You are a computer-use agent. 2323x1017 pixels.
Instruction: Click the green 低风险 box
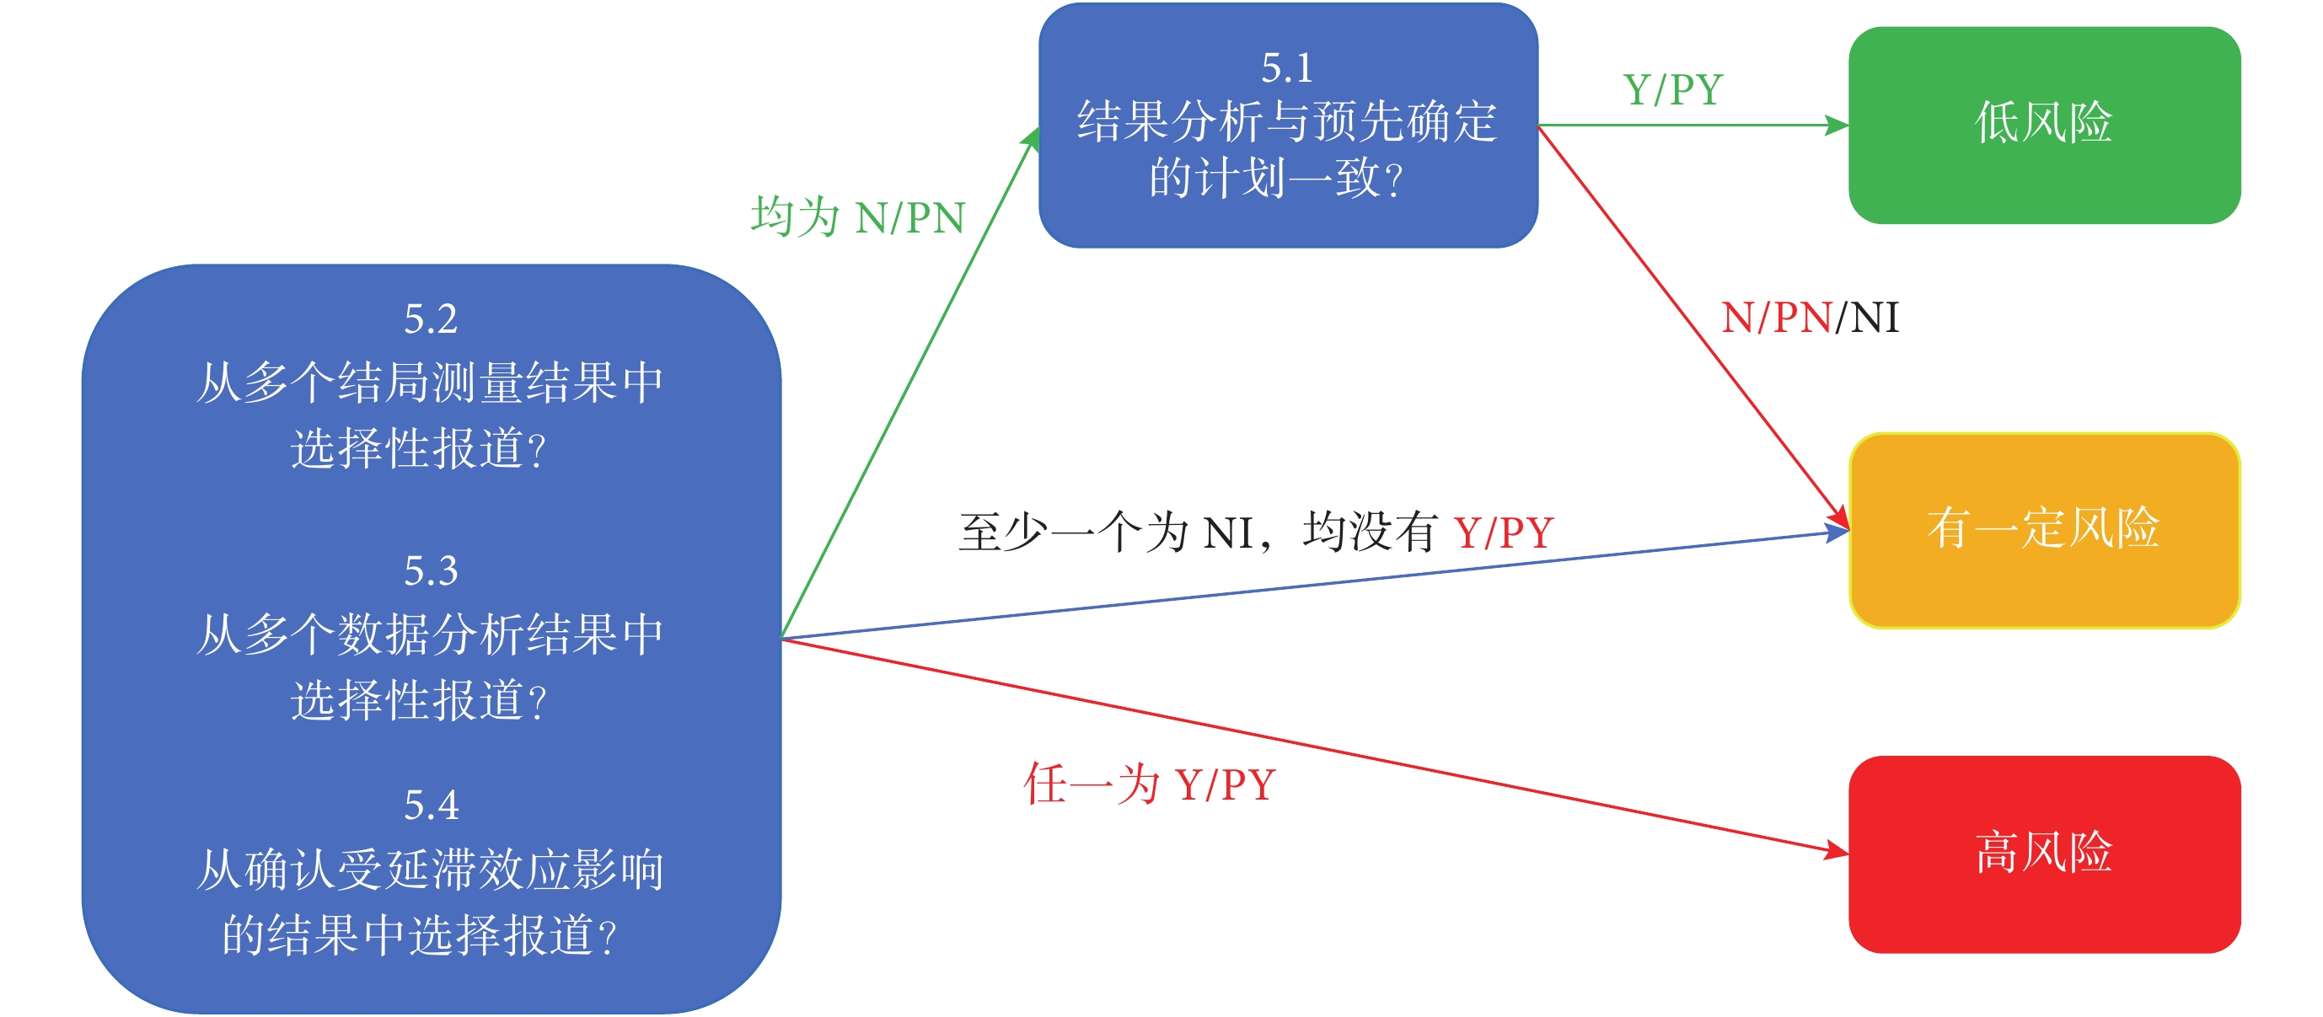pos(2044,126)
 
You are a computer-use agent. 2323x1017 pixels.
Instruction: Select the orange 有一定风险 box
pos(2044,530)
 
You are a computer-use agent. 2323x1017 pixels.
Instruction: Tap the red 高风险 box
pos(2044,854)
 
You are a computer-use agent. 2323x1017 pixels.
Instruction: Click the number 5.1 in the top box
pos(1287,68)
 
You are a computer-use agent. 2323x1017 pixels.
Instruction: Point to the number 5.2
pos(431,319)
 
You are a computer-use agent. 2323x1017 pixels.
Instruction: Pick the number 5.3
pos(431,571)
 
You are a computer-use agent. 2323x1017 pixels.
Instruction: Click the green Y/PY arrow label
pos(1673,90)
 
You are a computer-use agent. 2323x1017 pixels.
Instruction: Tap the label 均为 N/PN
pos(857,217)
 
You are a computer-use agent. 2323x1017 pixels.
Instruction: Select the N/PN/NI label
pos(1810,318)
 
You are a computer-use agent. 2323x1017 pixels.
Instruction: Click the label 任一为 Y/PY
pos(1150,784)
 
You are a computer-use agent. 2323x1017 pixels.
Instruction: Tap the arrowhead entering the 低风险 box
pos(1836,126)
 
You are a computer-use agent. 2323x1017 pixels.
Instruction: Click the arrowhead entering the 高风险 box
pos(1836,851)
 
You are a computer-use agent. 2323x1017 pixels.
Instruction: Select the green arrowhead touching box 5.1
pos(1032,138)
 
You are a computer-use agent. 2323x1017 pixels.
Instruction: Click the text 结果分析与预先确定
pos(1287,121)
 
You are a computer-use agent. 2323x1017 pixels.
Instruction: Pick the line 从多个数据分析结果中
pos(430,634)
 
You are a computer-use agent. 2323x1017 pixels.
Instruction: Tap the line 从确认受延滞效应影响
pos(430,870)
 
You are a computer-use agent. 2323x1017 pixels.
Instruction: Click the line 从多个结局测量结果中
pos(430,383)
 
